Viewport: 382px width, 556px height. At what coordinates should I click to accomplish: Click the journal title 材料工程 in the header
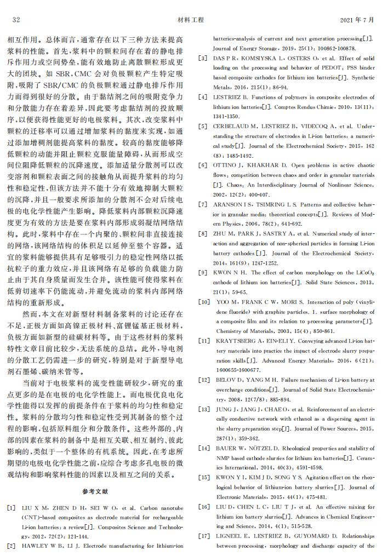(x=191, y=20)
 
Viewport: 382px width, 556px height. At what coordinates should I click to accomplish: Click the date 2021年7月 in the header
(x=357, y=20)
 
